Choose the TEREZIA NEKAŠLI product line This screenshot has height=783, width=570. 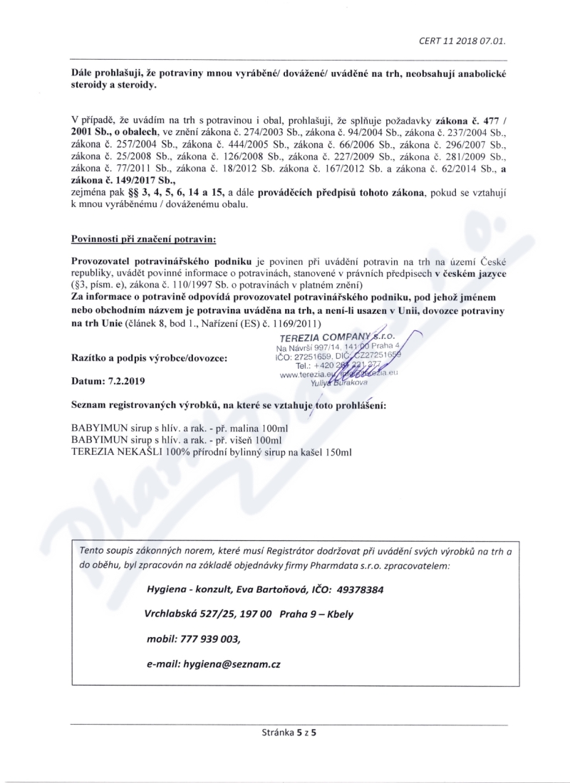tap(212, 452)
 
